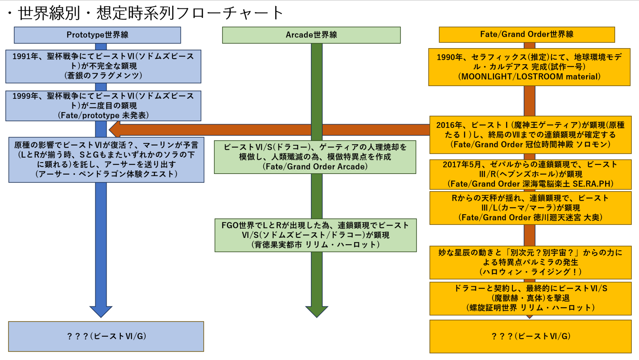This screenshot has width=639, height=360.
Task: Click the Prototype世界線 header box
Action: [x=97, y=35]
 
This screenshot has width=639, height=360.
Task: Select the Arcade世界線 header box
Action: [x=311, y=35]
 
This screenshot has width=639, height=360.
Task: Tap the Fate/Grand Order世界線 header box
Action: [x=527, y=35]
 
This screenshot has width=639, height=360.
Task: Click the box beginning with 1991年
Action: [x=103, y=66]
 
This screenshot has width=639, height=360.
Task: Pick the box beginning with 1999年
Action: [x=103, y=106]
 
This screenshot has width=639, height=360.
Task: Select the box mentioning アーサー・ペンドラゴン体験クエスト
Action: [x=106, y=160]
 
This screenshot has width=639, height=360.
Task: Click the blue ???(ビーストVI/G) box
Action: [x=106, y=336]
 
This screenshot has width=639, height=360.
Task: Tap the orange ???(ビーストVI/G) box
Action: [x=530, y=336]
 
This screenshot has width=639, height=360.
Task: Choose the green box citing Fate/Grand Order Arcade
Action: [x=315, y=157]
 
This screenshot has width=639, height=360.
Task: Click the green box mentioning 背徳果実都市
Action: [x=315, y=235]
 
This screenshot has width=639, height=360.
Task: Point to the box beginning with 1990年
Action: [x=529, y=67]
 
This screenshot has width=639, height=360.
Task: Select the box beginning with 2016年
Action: [x=530, y=135]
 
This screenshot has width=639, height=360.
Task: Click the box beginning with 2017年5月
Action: [x=530, y=174]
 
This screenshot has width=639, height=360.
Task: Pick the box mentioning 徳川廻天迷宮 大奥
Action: [x=530, y=208]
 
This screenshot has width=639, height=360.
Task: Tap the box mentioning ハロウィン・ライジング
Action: [x=530, y=262]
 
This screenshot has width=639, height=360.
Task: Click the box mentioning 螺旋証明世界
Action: [x=530, y=298]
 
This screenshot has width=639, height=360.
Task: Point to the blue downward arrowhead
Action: [x=101, y=311]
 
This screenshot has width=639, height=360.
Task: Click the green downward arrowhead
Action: [x=317, y=311]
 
